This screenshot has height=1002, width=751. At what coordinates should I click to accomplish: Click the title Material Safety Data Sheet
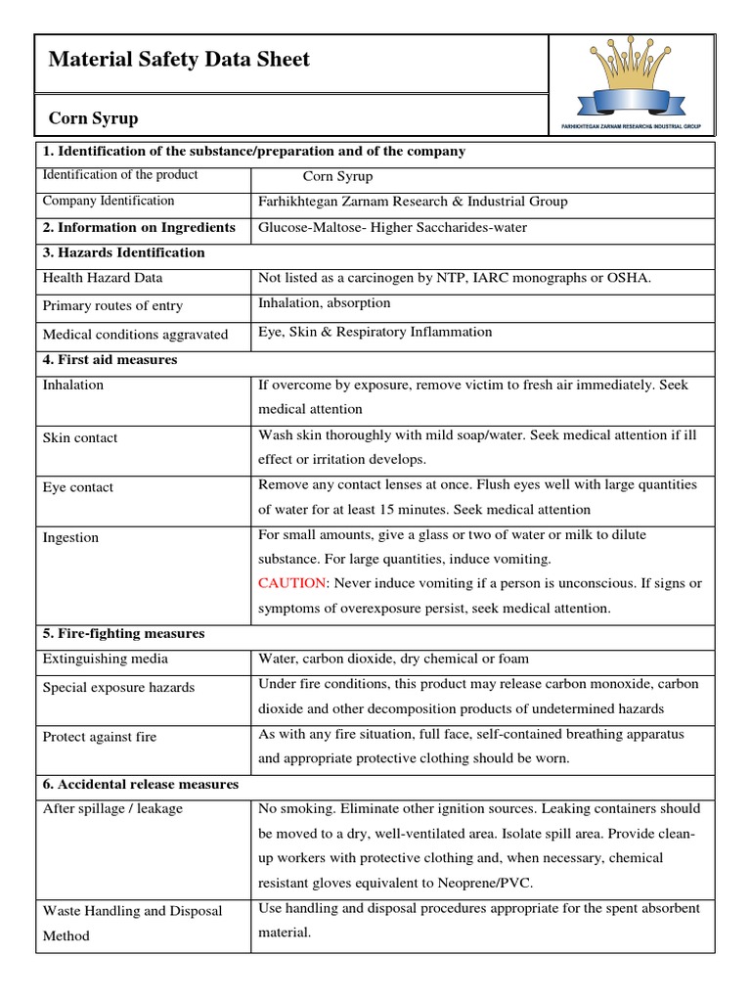coord(179,60)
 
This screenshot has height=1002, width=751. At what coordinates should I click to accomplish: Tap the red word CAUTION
coord(290,583)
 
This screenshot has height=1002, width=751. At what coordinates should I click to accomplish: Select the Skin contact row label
coord(80,437)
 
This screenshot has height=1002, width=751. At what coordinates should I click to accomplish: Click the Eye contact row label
coord(78,487)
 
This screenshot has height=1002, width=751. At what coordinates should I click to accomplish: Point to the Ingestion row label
coord(70,537)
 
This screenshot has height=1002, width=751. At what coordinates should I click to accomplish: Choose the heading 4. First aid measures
coord(110,360)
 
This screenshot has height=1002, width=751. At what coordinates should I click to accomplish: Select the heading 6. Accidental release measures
coord(141,785)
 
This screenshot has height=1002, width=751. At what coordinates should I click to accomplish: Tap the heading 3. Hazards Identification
coord(124,252)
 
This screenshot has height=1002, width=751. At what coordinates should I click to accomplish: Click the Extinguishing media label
coord(106,659)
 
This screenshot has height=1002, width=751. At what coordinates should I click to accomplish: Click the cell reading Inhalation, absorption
coord(324,303)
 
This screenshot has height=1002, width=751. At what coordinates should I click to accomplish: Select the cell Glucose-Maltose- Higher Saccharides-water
coord(392,228)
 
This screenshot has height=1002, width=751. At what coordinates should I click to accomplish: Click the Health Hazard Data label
coord(102,278)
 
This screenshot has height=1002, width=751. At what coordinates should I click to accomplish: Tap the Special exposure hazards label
coord(118,687)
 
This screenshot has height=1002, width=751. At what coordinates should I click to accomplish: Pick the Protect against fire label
coord(100,737)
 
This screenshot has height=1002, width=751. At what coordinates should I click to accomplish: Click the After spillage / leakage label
coord(112,809)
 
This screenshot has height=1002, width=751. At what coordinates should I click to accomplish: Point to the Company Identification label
coord(109,201)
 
